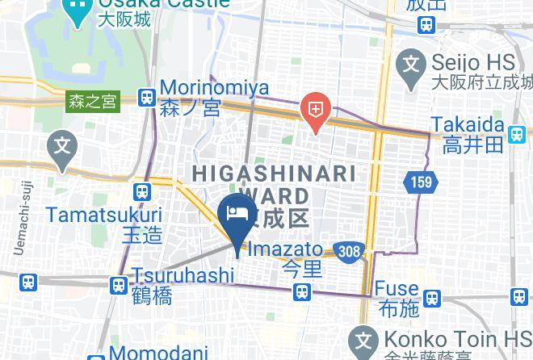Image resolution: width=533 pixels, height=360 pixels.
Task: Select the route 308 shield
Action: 350,251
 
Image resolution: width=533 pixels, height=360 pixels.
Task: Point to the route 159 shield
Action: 421,182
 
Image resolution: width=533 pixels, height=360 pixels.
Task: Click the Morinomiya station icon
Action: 146,98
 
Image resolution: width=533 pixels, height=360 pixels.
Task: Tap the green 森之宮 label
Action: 92,102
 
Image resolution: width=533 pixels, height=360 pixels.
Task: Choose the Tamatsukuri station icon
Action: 142,192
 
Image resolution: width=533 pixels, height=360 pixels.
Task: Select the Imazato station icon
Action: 303,291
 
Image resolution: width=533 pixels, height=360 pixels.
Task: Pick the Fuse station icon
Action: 432,299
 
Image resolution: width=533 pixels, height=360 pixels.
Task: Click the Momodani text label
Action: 160,353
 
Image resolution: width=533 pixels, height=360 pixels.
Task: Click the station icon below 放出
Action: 426,26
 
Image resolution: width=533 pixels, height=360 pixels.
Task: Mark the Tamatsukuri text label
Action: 103,216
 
